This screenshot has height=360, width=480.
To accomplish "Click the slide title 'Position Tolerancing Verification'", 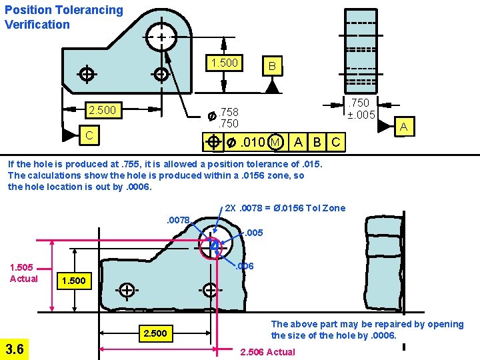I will pos(64,17).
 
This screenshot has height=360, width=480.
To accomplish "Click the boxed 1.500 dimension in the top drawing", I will pos(224,63).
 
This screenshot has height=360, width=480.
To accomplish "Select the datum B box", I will pos(271,66).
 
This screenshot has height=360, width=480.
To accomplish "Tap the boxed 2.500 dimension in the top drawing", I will pos(102,109).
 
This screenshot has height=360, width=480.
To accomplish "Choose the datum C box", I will pos(88,134).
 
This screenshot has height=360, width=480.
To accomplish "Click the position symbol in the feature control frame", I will pos(213,142).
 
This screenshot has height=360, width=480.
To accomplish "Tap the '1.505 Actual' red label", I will pos(24,273).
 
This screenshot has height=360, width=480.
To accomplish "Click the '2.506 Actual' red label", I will pos(267,351).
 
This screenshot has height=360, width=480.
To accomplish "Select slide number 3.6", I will pos(15,348).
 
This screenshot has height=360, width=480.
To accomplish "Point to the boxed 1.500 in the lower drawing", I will pos(73,281).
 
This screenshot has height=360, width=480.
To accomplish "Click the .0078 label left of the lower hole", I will pos(178,219).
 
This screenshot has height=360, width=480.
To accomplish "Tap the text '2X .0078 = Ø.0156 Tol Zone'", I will pos(285,208).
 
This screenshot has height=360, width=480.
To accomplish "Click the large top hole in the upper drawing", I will pos(162,37).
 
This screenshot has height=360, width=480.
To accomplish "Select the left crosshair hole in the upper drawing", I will pos(86,73).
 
